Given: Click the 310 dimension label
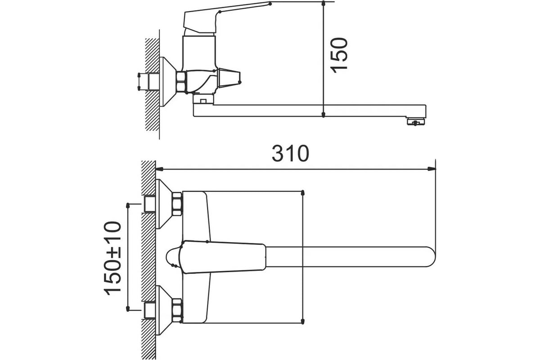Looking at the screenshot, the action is click(290, 153).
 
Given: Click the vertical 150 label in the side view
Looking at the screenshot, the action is click(339, 55).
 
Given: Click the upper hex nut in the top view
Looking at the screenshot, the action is click(177, 204).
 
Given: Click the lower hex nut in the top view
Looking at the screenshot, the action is click(177, 310).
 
